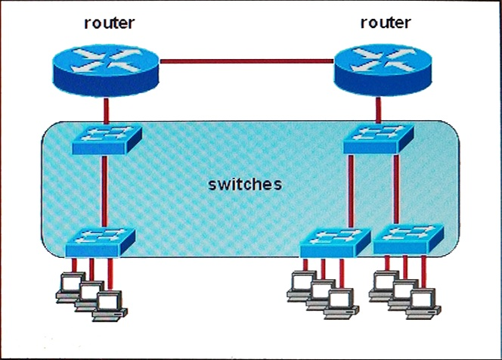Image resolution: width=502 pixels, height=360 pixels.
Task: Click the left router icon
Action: pos(106,70)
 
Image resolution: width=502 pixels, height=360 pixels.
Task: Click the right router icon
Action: pos(383,70)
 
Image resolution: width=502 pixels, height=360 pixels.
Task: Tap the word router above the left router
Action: pos(109,23)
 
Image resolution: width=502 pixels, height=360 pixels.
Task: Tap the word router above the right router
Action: pos(386,23)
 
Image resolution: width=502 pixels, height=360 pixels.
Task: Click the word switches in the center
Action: pos(245,185)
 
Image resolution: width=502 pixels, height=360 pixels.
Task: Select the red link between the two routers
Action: pos(246,61)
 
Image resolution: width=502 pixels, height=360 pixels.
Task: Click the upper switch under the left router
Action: pos(107,140)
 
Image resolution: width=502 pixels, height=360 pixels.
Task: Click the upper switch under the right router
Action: pos(379,138)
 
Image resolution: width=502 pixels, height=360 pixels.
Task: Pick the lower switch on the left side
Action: pos(101,242)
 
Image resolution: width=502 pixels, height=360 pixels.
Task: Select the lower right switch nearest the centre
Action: pos(335,243)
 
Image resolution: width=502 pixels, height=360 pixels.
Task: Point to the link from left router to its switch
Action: pos(107,111)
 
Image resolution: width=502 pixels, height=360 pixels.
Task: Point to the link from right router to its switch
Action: pos(379,110)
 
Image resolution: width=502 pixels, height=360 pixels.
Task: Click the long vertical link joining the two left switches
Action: pos(104,191)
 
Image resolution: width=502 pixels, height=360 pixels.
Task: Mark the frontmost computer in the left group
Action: pos(110,306)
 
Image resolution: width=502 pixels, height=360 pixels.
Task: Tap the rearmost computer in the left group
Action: pos(71,287)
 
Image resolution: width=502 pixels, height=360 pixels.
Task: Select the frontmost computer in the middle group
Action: pos(341,303)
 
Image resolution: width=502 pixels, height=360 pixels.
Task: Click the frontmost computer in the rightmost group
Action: pos(423,303)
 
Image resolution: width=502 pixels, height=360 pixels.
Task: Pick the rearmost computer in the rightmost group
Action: pos(384,287)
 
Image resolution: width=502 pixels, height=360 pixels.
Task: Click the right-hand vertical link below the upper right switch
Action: pos(396,189)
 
